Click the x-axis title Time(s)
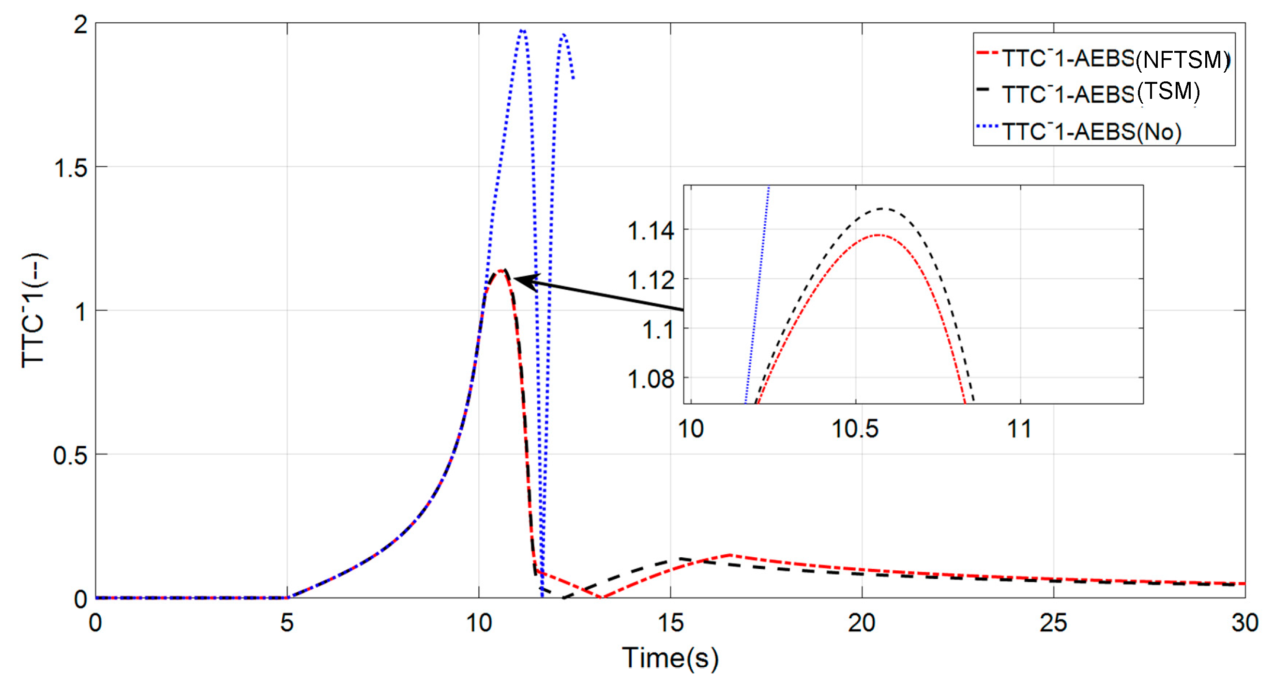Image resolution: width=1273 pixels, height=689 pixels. [x=669, y=658]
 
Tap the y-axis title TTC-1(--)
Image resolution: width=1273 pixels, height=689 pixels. [x=33, y=310]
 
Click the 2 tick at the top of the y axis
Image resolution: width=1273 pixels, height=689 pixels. [x=80, y=24]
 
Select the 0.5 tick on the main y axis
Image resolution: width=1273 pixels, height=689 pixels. [x=70, y=455]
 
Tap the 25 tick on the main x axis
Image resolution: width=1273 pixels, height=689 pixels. [x=1053, y=623]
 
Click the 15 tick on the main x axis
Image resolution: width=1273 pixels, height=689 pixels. [x=670, y=623]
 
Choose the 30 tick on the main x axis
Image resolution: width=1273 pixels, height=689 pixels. [x=1244, y=623]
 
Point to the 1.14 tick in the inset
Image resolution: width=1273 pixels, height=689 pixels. [x=651, y=231]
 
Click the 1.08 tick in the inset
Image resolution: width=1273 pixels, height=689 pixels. [x=651, y=379]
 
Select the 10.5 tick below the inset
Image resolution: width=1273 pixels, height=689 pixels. [x=855, y=429]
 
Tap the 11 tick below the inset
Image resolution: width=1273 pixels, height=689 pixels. [x=1019, y=429]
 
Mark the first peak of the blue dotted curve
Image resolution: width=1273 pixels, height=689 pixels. [x=522, y=30]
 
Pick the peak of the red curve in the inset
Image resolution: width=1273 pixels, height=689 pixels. [x=878, y=235]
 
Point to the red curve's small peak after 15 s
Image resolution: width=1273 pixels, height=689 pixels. [x=730, y=555]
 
